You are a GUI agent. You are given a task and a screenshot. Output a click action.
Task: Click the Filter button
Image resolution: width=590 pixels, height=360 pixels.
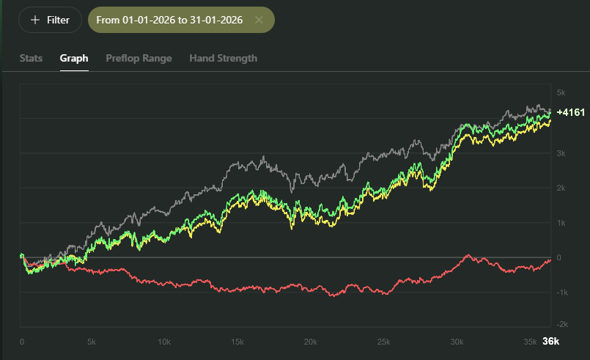pos(50,20)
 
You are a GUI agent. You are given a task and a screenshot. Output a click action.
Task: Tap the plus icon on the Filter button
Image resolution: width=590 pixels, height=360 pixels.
pos(35,20)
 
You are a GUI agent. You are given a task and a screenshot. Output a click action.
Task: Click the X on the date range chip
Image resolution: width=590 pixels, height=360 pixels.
pos(259,20)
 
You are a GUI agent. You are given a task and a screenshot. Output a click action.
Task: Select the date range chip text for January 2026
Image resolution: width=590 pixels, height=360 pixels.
pos(169,20)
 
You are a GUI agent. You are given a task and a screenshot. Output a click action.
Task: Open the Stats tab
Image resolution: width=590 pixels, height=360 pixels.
pos(31,58)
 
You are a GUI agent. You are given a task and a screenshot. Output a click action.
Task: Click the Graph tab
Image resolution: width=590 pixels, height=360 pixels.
pos(74,58)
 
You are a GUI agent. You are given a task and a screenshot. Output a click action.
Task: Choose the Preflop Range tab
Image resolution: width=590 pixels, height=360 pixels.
pos(139,58)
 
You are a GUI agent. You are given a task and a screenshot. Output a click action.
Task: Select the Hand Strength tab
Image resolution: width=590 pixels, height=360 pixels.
pos(223,58)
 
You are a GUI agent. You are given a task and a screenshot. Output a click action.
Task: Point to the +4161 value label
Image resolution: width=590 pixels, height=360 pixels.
pos(571,113)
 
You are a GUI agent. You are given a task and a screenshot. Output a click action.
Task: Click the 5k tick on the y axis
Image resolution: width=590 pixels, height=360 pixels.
pos(561,92)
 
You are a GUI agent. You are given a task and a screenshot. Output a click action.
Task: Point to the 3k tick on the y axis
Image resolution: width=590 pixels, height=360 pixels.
pos(561,153)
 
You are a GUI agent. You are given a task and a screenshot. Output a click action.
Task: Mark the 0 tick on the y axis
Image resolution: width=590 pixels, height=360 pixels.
pos(559,257)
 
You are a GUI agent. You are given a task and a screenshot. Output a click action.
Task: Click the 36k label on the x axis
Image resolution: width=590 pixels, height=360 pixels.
pos(550,342)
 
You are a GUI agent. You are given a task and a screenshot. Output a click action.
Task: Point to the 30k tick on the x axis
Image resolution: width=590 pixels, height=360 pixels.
pos(457,342)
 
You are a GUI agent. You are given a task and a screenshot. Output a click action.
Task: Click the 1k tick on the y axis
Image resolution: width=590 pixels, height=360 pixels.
pos(561,223)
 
